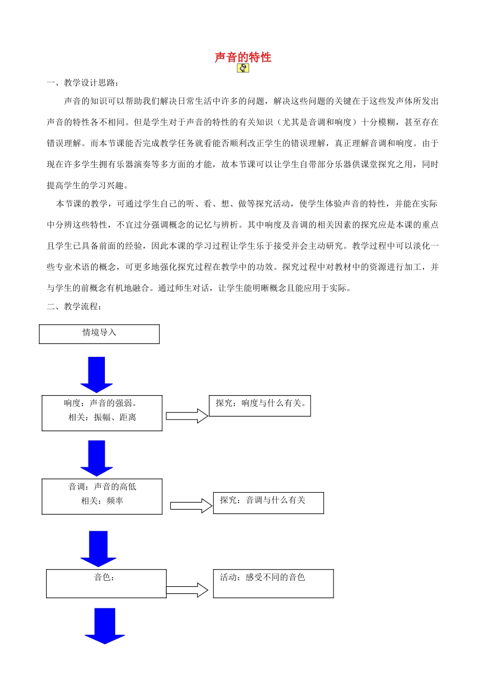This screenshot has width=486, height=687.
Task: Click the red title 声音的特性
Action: [x=243, y=57]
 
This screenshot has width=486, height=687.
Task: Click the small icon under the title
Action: [x=243, y=68]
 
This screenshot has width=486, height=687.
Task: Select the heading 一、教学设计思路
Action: [x=83, y=83]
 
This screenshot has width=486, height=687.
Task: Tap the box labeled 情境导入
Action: [x=99, y=334]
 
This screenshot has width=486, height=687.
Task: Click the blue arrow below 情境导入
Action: [x=96, y=374]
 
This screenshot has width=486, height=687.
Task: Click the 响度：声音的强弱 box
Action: [x=102, y=413]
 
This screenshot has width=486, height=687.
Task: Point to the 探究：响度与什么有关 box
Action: [x=260, y=406]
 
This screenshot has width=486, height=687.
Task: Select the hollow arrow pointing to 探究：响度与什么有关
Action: [x=187, y=416]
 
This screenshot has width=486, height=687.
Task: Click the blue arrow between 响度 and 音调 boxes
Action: [x=96, y=458]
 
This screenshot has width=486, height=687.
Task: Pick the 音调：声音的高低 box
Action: [x=102, y=496]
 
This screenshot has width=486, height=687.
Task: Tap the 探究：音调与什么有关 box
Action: [x=268, y=503]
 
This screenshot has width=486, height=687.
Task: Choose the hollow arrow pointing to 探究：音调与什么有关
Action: [x=191, y=506]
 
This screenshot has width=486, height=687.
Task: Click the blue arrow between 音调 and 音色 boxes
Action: [x=98, y=548]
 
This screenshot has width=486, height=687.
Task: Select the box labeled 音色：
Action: [x=106, y=583]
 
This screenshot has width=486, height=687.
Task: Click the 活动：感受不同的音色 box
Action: [x=273, y=583]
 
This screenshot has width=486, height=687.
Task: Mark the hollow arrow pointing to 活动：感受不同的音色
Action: [x=187, y=590]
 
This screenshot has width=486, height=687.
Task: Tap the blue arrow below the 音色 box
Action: [x=105, y=626]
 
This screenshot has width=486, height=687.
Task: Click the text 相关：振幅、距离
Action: [x=102, y=418]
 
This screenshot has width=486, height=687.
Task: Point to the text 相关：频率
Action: [x=102, y=501]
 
